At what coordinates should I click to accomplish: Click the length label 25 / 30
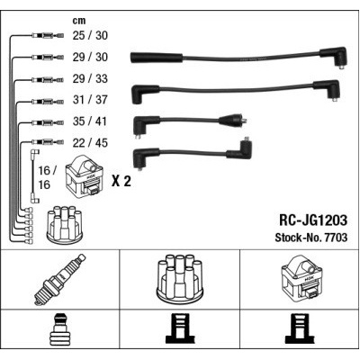pyautogui.click(x=90, y=35)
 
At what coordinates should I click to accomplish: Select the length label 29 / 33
pyautogui.click(x=90, y=78)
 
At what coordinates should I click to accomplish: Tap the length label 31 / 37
pyautogui.click(x=90, y=100)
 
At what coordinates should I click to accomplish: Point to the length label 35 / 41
pyautogui.click(x=90, y=121)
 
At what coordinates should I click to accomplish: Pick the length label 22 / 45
pyautogui.click(x=90, y=143)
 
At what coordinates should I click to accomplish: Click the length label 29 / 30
pyautogui.click(x=90, y=57)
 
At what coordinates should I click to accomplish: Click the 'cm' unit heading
pyautogui.click(x=79, y=21)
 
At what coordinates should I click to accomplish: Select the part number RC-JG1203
pyautogui.click(x=313, y=220)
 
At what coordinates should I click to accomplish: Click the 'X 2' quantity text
pyautogui.click(x=121, y=181)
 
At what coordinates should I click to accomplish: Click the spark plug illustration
pyautogui.click(x=60, y=280)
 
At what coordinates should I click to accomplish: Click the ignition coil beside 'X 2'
pyautogui.click(x=85, y=176)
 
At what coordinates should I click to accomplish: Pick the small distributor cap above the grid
pyautogui.click(x=66, y=223)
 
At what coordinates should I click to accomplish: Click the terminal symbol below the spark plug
pyautogui.click(x=60, y=328)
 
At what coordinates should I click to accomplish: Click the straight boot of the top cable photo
pyautogui.click(x=157, y=58)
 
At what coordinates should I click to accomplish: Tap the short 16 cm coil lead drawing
pyautogui.click(x=34, y=176)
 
